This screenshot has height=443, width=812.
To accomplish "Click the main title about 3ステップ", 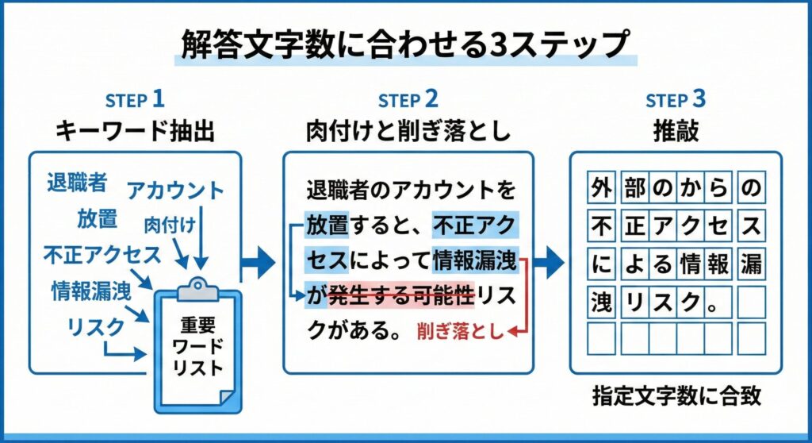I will pyautogui.click(x=405, y=45).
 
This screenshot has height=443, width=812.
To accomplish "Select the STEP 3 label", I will pyautogui.click(x=676, y=100).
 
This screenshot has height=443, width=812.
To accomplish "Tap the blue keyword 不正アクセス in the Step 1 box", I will pyautogui.click(x=101, y=255).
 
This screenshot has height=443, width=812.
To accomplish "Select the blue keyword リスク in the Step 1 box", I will pyautogui.click(x=95, y=326).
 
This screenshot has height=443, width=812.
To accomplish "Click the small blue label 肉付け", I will pyautogui.click(x=170, y=224).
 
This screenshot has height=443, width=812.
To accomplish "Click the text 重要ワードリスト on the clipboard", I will pyautogui.click(x=198, y=347).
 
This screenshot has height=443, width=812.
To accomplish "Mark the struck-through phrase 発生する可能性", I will pyautogui.click(x=400, y=297).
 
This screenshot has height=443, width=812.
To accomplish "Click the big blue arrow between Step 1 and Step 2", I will pyautogui.click(x=259, y=262).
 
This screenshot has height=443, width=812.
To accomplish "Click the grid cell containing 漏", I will pyautogui.click(x=750, y=264).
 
